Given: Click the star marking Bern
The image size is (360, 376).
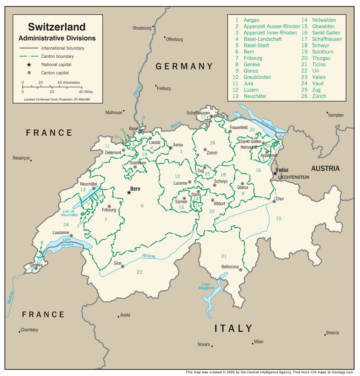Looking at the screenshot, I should coord(129,192).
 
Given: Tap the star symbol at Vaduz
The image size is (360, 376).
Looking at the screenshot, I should coord(275,173).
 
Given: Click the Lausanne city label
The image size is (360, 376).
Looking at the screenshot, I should coord(61,233).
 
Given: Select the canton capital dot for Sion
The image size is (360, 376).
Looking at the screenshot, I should coord(122,266).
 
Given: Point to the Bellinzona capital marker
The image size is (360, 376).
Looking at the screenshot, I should coord(241,270).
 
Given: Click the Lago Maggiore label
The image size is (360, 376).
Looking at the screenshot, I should coord(206,286).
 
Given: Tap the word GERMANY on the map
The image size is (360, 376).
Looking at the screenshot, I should coord(184,66).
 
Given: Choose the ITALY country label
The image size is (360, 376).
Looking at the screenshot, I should coord(233,328).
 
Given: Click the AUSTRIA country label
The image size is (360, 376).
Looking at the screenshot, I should coord(325,168).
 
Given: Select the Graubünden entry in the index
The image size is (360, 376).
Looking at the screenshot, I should coord(257,77).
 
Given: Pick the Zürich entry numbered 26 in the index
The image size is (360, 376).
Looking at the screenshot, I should coord(319,96).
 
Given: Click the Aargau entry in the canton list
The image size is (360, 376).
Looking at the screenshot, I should coord(251,20).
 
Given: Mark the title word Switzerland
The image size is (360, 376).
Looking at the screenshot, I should coord(57,27).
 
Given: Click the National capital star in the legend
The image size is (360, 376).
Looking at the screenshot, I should coord(29,65).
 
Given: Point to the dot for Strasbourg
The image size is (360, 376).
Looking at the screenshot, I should coord(153,26).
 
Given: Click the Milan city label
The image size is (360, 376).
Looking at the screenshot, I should coord(258,341).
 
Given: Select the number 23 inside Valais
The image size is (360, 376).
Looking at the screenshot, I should coord(139,272).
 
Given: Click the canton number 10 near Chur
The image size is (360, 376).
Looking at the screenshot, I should coord(279,218).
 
